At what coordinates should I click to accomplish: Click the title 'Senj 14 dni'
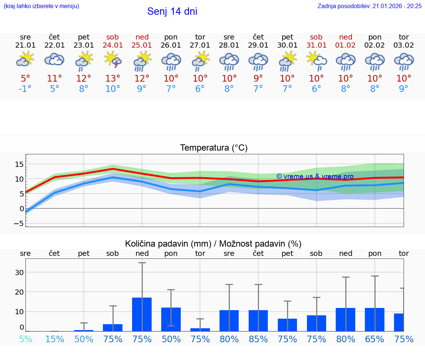point(172,11)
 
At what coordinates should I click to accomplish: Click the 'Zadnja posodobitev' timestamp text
point(369,6)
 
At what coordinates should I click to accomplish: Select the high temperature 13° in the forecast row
point(113,79)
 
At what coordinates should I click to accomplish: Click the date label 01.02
point(346,45)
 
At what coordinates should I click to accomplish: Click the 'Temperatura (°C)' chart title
point(214,148)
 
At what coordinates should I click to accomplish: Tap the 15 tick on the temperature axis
point(19,164)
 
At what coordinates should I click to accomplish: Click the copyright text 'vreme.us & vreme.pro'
point(315,176)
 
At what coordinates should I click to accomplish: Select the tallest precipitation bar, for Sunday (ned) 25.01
point(142,314)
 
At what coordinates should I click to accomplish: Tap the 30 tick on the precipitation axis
point(19,272)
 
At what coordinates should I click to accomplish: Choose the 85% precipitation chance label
point(258,339)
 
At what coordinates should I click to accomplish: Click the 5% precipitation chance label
point(25,339)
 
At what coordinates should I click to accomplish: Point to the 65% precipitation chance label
point(375,339)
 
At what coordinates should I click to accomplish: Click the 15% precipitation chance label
point(55,339)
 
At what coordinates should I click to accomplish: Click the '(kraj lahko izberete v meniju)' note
point(41,6)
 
